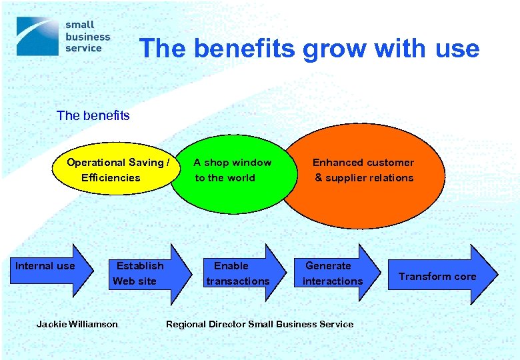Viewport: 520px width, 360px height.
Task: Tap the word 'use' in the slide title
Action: click(x=455, y=49)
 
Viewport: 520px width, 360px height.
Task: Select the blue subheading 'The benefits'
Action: click(x=93, y=116)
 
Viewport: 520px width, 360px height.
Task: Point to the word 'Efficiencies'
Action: click(x=111, y=178)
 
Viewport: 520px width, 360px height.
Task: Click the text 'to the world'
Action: click(x=225, y=178)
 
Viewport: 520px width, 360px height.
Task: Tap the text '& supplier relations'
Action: click(x=364, y=178)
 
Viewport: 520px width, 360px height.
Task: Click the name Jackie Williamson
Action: click(x=77, y=325)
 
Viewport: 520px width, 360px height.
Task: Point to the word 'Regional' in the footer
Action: click(x=186, y=325)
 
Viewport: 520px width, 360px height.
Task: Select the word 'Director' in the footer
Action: click(x=227, y=325)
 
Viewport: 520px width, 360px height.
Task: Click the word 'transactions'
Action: click(x=238, y=281)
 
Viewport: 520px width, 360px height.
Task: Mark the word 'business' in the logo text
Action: click(x=87, y=37)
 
